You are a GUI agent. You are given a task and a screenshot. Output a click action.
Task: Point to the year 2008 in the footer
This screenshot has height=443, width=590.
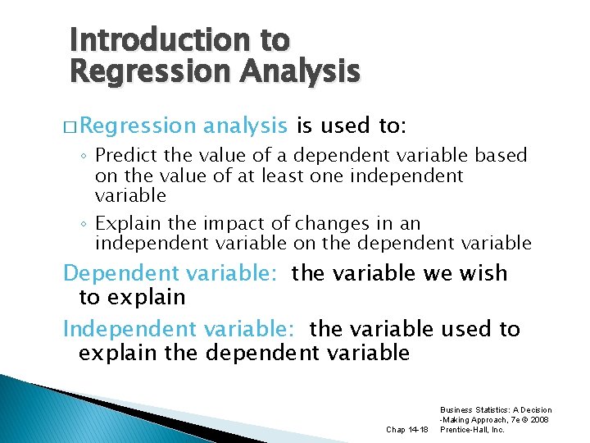pos(540,419)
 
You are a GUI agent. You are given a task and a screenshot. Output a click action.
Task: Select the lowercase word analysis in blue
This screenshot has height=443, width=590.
pos(245,126)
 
